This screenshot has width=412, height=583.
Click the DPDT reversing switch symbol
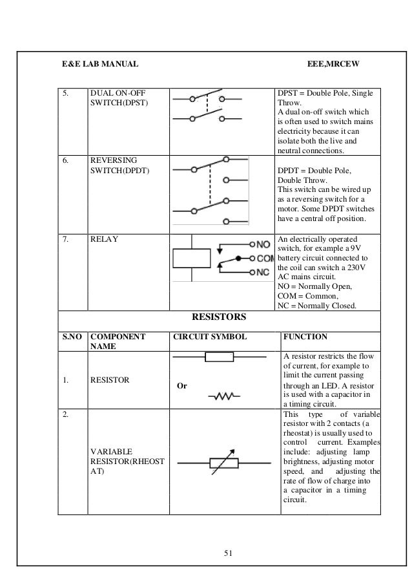click(208, 187)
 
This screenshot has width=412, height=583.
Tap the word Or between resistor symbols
click(182, 386)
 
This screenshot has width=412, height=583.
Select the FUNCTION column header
click(305, 337)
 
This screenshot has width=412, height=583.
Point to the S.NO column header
click(72, 337)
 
